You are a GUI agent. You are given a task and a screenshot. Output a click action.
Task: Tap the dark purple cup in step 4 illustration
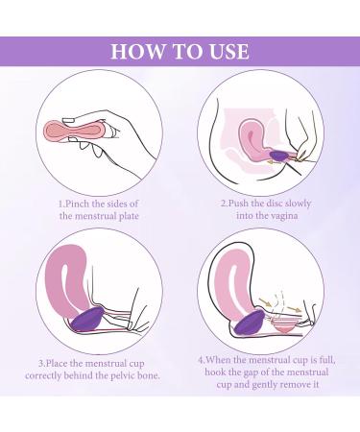coord(251,309)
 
